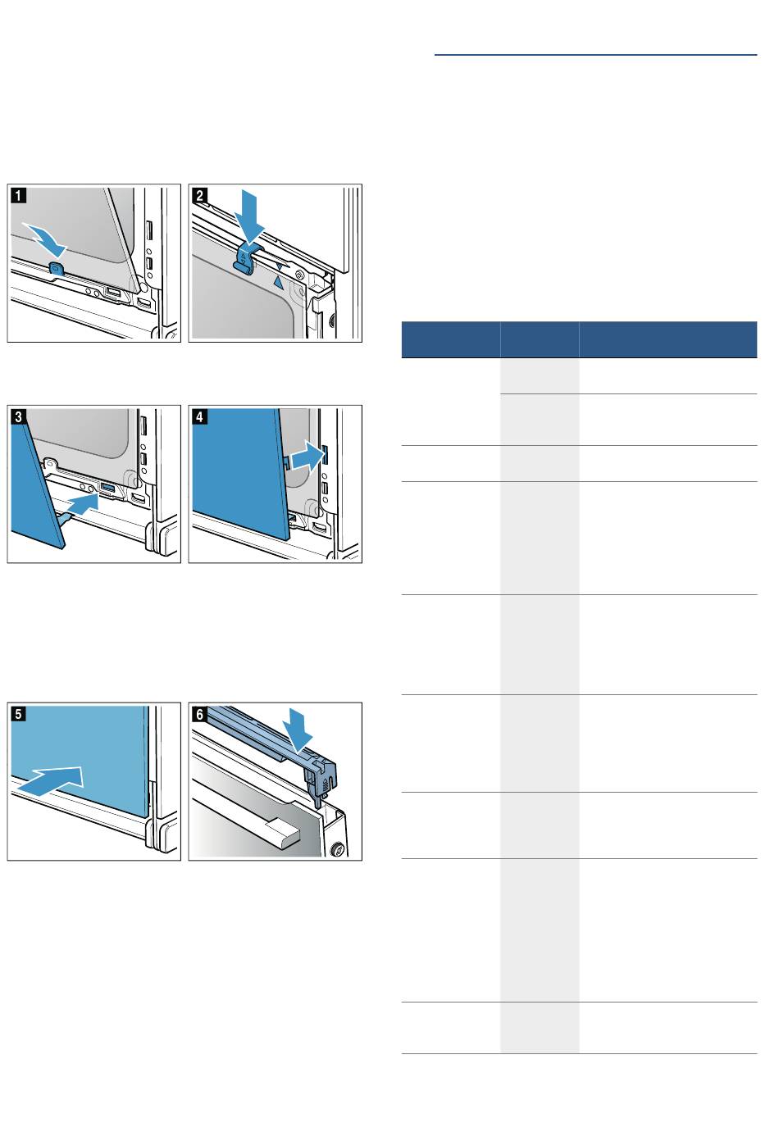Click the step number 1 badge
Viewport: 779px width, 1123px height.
pyautogui.click(x=19, y=195)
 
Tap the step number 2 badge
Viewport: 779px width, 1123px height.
pyautogui.click(x=199, y=195)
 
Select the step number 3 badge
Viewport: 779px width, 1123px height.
pyautogui.click(x=19, y=416)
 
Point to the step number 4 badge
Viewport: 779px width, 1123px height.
pyautogui.click(x=199, y=416)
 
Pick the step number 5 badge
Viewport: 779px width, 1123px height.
pyautogui.click(x=19, y=714)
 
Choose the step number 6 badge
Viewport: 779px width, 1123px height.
pyautogui.click(x=199, y=714)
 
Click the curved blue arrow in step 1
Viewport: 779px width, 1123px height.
pyautogui.click(x=46, y=239)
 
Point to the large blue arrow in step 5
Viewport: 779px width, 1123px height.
pyautogui.click(x=50, y=780)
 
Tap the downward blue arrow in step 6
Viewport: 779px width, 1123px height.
pyautogui.click(x=298, y=729)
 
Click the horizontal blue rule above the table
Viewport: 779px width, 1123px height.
pyautogui.click(x=595, y=55)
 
